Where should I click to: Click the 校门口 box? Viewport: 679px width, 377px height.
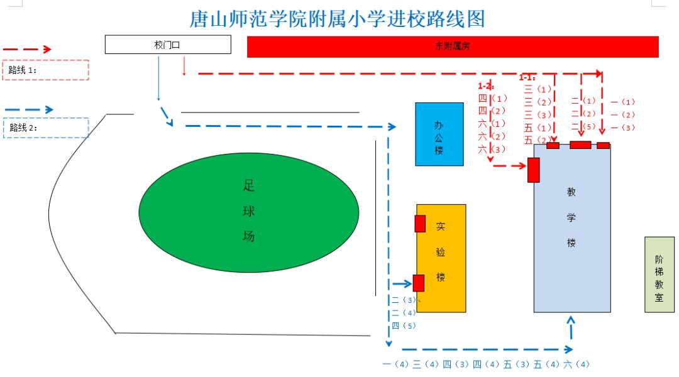point(167,45)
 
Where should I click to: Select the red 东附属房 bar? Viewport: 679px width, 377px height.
point(453,46)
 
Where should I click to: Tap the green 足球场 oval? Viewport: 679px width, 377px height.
point(248,212)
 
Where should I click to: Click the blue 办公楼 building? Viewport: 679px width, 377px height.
point(439,134)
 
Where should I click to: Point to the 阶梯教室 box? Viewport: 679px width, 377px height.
point(659,275)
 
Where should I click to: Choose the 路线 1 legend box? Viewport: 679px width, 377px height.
point(46,70)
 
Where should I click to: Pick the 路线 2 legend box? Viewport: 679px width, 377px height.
point(46,128)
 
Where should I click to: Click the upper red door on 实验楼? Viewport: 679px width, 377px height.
point(420,224)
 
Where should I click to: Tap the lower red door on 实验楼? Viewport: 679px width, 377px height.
point(418,283)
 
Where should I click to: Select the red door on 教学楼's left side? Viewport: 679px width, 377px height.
point(533,170)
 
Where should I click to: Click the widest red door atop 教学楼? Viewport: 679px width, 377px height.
point(580,145)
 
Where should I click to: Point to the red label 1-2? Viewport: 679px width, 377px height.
point(486,85)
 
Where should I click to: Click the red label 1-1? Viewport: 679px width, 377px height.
point(527,77)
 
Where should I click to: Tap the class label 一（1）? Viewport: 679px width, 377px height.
point(623,102)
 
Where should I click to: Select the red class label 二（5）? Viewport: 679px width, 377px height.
point(583,126)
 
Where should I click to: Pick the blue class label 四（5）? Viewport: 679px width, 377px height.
point(404,325)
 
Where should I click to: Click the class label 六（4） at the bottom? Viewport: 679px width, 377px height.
point(577,364)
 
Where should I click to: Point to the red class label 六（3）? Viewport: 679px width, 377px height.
point(492,149)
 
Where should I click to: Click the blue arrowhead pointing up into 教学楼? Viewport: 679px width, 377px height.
point(571,320)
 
